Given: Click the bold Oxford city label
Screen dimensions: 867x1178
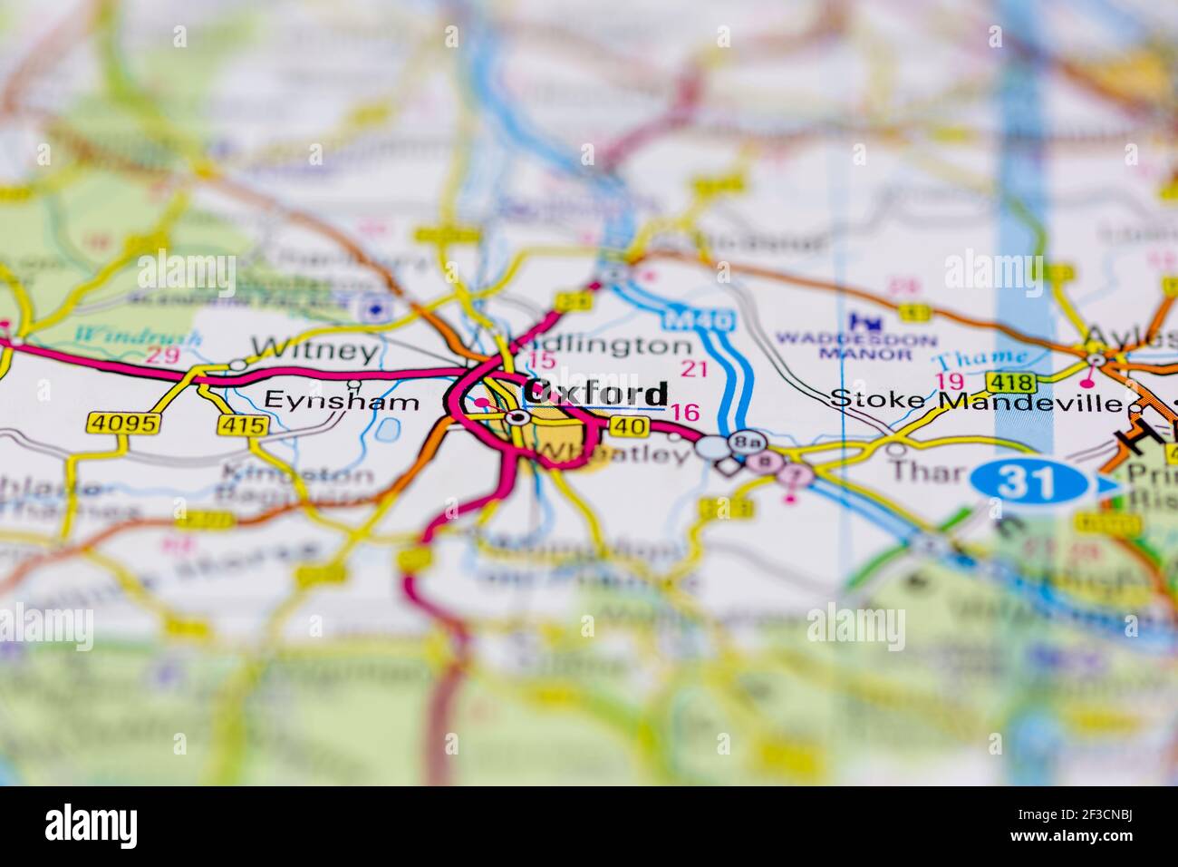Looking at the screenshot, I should pos(596,394).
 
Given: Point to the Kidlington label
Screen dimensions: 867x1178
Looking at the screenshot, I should pos(603,346).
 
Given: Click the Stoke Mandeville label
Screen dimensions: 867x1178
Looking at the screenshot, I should pos(975,400).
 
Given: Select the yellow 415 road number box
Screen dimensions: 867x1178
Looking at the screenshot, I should pos(243,424).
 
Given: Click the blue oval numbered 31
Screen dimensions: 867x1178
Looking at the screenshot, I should pos(1028,482).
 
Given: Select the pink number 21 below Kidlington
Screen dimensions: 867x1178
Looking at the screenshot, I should pos(693,368).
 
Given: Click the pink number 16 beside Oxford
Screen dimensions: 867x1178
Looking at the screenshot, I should pos(685,412).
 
